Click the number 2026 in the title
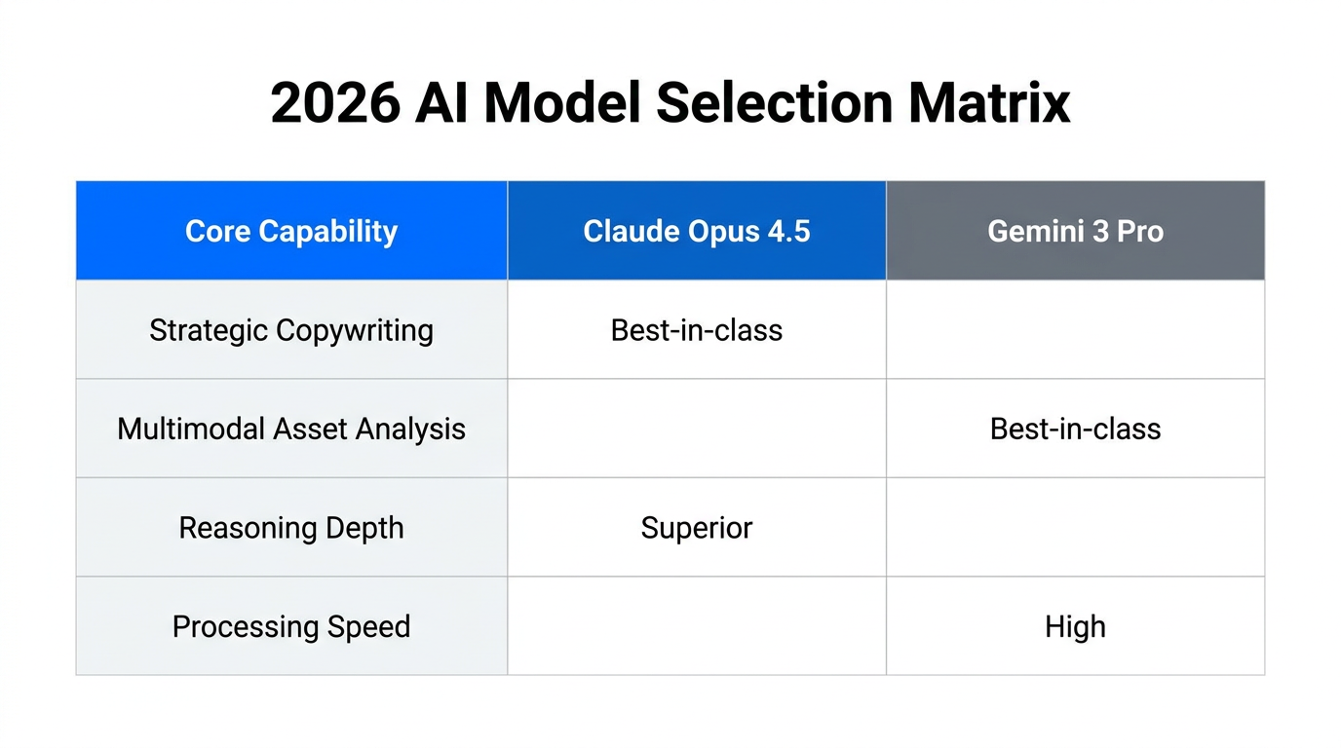334,102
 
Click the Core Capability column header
291,232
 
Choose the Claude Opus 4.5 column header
697,232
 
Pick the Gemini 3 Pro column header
1075,232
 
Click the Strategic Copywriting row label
291,330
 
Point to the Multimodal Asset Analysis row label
291,429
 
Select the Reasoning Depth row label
291,528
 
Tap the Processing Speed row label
291,626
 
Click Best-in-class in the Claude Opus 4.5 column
697,330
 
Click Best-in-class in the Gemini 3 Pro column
1075,429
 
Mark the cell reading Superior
697,528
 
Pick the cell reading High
1075,626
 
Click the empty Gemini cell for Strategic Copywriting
1075,330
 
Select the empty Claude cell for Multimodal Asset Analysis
697,429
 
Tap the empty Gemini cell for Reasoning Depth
1075,528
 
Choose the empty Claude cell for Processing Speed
697,626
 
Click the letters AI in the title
441,102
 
